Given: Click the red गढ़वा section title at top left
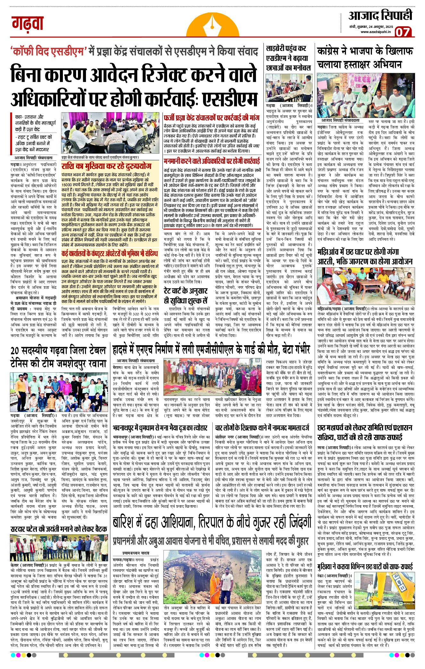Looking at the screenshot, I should (x=28, y=23).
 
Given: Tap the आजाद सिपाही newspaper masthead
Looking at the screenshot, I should (x=380, y=15).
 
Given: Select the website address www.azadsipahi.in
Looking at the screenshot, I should (x=375, y=32).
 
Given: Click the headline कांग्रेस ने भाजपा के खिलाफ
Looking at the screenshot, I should (x=365, y=51).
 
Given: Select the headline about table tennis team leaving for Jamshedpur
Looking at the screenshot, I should (x=58, y=357).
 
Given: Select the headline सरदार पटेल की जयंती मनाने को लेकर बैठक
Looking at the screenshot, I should (x=59, y=529).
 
